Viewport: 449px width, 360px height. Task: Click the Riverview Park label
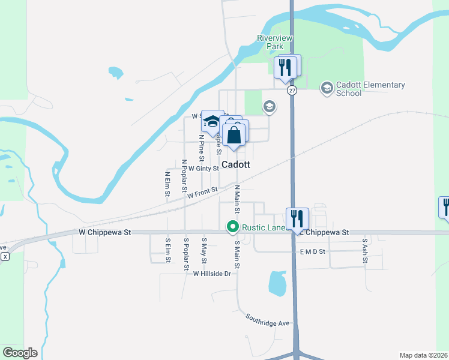[x=274, y=42]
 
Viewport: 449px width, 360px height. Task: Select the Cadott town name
[x=236, y=164]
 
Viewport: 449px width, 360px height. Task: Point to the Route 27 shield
[x=292, y=90]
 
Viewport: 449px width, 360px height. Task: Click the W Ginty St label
[x=203, y=169]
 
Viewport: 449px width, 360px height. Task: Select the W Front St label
[x=201, y=193]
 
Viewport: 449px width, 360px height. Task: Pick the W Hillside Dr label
[x=212, y=274]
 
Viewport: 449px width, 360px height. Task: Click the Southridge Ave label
[x=268, y=323]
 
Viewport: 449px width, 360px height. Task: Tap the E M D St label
[x=312, y=252]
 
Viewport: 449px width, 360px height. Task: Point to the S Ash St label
[x=364, y=251]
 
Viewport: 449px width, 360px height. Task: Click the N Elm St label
[x=167, y=184]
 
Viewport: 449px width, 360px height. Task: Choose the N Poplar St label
[x=184, y=173]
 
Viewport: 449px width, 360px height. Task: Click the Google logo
[x=20, y=353]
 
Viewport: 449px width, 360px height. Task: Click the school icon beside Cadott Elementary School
[x=327, y=89]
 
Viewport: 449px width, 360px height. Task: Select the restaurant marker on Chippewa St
[x=297, y=219]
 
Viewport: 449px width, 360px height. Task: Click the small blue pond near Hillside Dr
[x=277, y=283]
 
